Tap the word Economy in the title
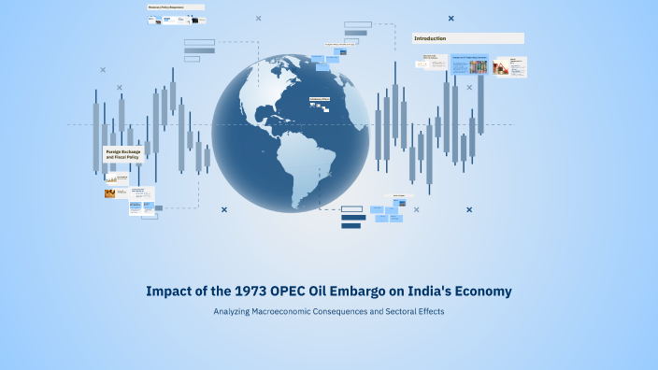[x=479, y=292]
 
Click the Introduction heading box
[x=468, y=38]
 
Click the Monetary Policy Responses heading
[x=176, y=7]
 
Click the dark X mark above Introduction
[x=451, y=18]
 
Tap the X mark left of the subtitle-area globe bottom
[x=224, y=209]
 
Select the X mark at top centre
[x=259, y=18]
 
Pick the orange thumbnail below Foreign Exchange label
[x=111, y=193]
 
